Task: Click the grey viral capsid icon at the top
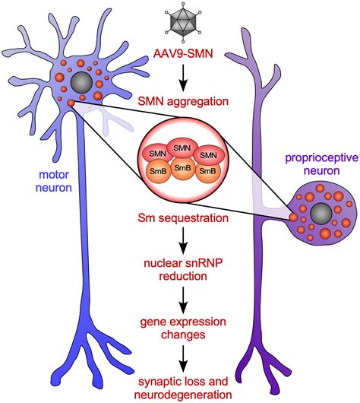(x=180, y=20)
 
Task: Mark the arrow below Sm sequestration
(x=180, y=243)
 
